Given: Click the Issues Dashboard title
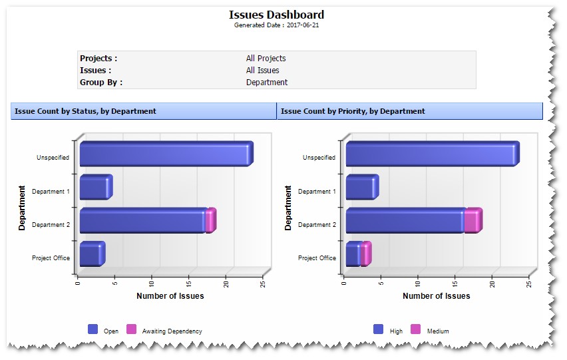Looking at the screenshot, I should tap(276, 15).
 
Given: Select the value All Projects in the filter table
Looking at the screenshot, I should tap(266, 59).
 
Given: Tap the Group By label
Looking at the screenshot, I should tap(101, 83).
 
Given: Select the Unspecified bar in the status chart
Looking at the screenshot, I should tap(165, 154).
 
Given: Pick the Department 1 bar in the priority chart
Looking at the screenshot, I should tap(361, 188).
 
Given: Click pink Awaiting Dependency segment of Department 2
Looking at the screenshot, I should tap(210, 221).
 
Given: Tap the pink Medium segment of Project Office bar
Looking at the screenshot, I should tap(365, 254).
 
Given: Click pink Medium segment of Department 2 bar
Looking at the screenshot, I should tap(472, 221).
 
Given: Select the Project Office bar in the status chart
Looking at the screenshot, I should tap(91, 254).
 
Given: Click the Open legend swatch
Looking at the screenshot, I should tap(93, 329).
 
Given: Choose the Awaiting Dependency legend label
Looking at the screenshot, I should tap(172, 331).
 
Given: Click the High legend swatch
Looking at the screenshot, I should tap(378, 329).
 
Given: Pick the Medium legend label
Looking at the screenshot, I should tap(438, 331).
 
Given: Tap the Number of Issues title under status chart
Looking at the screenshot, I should tap(170, 296).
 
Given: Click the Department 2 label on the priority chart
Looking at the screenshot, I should tap(317, 225).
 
